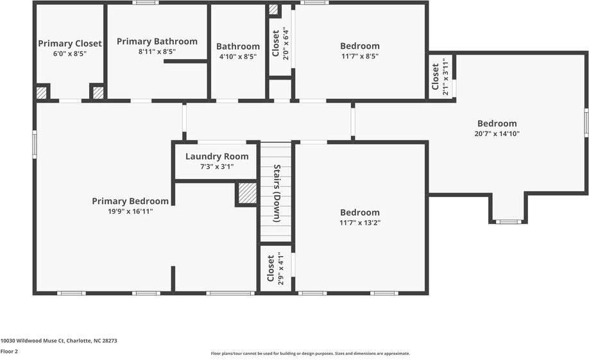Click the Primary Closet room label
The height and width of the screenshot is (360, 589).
coord(69,44)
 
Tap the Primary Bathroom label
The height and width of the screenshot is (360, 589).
coord(157,41)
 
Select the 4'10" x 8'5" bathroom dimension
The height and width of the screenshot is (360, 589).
coord(237,56)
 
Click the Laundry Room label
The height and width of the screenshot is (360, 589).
coord(217,157)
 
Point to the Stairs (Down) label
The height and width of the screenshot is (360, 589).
coord(277,193)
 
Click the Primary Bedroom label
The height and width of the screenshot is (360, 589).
coord(130,201)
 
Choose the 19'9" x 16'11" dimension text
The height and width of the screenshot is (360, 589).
coord(130,211)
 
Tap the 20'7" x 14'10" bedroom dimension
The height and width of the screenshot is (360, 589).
coord(497,134)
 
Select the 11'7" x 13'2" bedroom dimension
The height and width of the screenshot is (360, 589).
coord(359,223)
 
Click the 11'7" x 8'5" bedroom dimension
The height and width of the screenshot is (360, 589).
coord(359,56)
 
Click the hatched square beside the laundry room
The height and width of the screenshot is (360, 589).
coord(246,193)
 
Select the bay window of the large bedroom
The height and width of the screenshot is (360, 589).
coord(508,221)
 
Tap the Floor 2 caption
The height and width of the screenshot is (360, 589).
coord(9,352)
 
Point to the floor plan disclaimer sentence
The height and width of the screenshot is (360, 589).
coord(310,354)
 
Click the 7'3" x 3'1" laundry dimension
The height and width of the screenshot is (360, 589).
coord(217,167)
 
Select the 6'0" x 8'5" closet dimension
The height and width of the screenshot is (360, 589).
coord(69,54)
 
